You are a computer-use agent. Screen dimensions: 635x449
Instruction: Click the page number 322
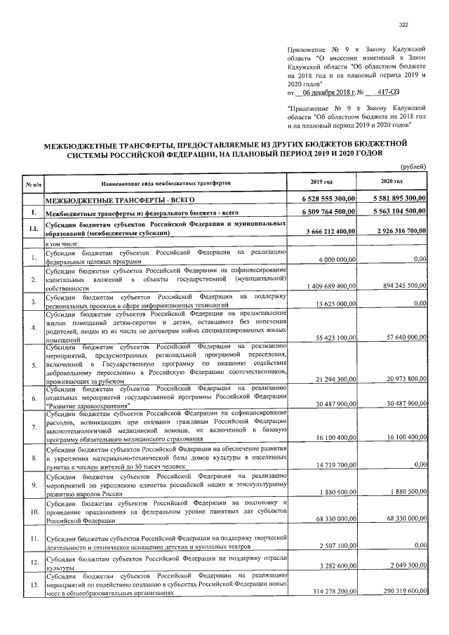click(x=403, y=25)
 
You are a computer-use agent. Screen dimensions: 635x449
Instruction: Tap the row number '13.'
click(x=34, y=584)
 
